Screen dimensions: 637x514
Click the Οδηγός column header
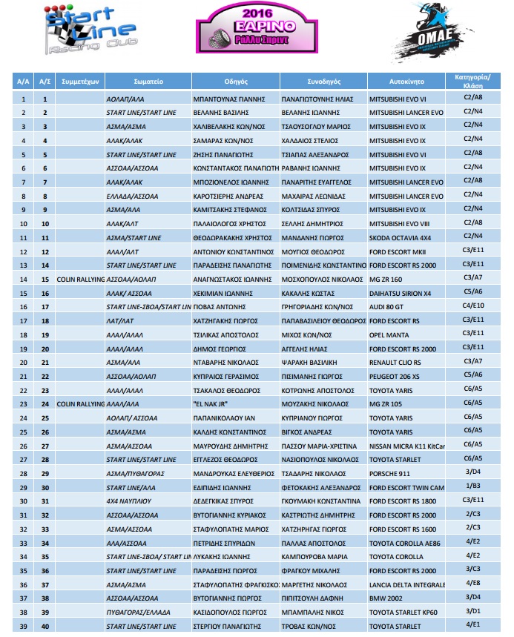[x=236, y=81]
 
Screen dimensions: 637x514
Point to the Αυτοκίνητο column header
[x=406, y=81]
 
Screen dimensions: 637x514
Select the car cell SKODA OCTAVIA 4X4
[x=401, y=238]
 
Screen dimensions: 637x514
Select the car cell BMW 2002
[x=388, y=598]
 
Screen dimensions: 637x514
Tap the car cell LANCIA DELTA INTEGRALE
[x=406, y=584]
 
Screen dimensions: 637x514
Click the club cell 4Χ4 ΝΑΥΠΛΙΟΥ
[x=130, y=501]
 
